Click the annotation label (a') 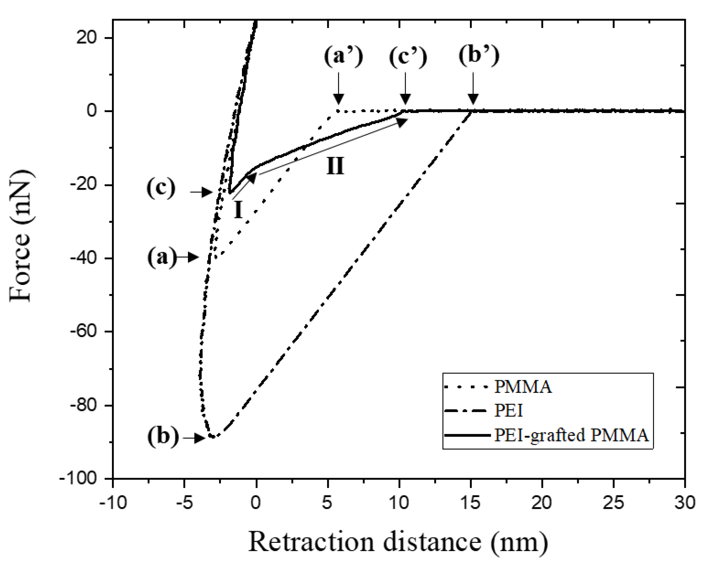343,56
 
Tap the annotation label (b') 479,55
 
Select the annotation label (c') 408,57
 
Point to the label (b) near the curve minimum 163,437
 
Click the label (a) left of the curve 162,257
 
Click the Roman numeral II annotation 335,166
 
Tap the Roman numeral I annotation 238,210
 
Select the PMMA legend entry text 523,387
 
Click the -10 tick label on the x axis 113,503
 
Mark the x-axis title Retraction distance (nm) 398,541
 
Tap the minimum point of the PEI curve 213,437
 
